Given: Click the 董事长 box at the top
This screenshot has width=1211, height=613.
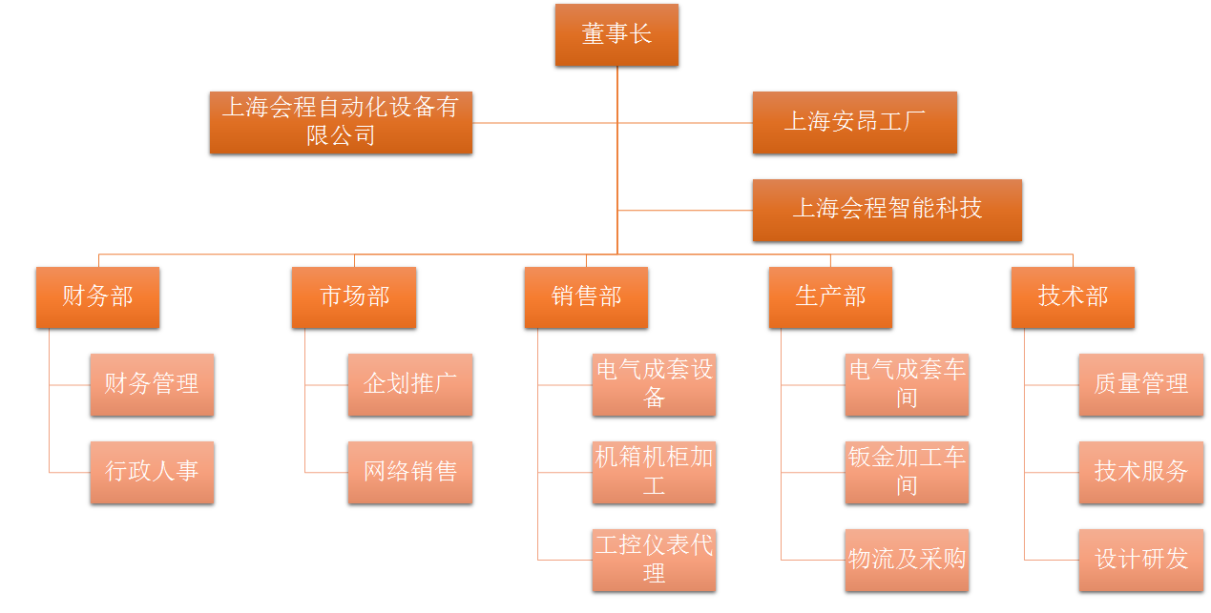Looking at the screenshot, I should [x=616, y=35].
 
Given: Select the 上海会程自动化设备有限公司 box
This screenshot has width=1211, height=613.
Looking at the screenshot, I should [x=341, y=122].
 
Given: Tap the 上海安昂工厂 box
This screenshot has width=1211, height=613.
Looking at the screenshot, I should [x=854, y=122].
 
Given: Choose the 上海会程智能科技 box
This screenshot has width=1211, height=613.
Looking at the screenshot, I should [x=887, y=210].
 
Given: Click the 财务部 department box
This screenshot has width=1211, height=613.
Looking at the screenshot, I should [x=97, y=297].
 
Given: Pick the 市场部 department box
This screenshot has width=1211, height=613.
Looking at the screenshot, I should [x=354, y=297].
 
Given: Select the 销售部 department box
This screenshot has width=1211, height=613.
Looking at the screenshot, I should [x=586, y=297].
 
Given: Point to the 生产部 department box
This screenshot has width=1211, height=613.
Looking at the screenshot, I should [x=830, y=297].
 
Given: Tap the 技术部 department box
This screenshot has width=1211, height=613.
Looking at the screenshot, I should [x=1073, y=297].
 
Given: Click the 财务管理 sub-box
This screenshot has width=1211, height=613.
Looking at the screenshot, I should [x=152, y=385].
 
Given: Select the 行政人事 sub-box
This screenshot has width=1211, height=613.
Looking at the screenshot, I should [x=152, y=472].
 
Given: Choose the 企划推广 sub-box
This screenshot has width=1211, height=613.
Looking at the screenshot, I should [x=409, y=385].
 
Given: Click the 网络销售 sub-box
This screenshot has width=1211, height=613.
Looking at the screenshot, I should [x=409, y=472].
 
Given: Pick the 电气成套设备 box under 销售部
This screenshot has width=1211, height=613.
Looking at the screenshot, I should [x=654, y=385].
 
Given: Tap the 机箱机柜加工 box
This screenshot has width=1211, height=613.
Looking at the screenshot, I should [x=654, y=472].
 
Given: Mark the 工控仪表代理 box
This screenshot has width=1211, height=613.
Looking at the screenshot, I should [x=654, y=560].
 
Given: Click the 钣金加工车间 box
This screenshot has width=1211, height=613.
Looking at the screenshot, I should [x=907, y=472].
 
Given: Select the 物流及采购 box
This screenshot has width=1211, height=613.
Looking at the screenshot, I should [x=907, y=560].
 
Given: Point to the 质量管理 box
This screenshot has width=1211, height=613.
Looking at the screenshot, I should [x=1140, y=385].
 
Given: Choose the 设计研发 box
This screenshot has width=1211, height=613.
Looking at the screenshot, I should [x=1140, y=560].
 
